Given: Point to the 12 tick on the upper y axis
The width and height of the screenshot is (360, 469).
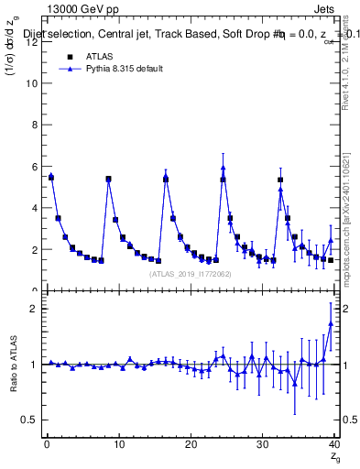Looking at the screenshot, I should tap(34, 42).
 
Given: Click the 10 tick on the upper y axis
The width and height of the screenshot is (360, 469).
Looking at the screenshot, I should tap(34, 83).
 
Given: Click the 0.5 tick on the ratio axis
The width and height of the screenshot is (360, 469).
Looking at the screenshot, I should tap(31, 420).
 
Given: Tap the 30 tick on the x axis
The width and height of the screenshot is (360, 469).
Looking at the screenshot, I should tap(262, 445).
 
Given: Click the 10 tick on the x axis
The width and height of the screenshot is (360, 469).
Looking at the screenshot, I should tap(118, 445).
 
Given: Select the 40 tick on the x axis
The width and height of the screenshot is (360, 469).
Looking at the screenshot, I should tap(333, 445).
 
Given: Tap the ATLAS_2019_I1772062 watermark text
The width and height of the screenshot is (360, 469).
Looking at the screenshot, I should tap(191, 275).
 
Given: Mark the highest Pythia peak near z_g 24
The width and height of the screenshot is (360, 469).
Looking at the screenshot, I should tap(224, 168).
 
